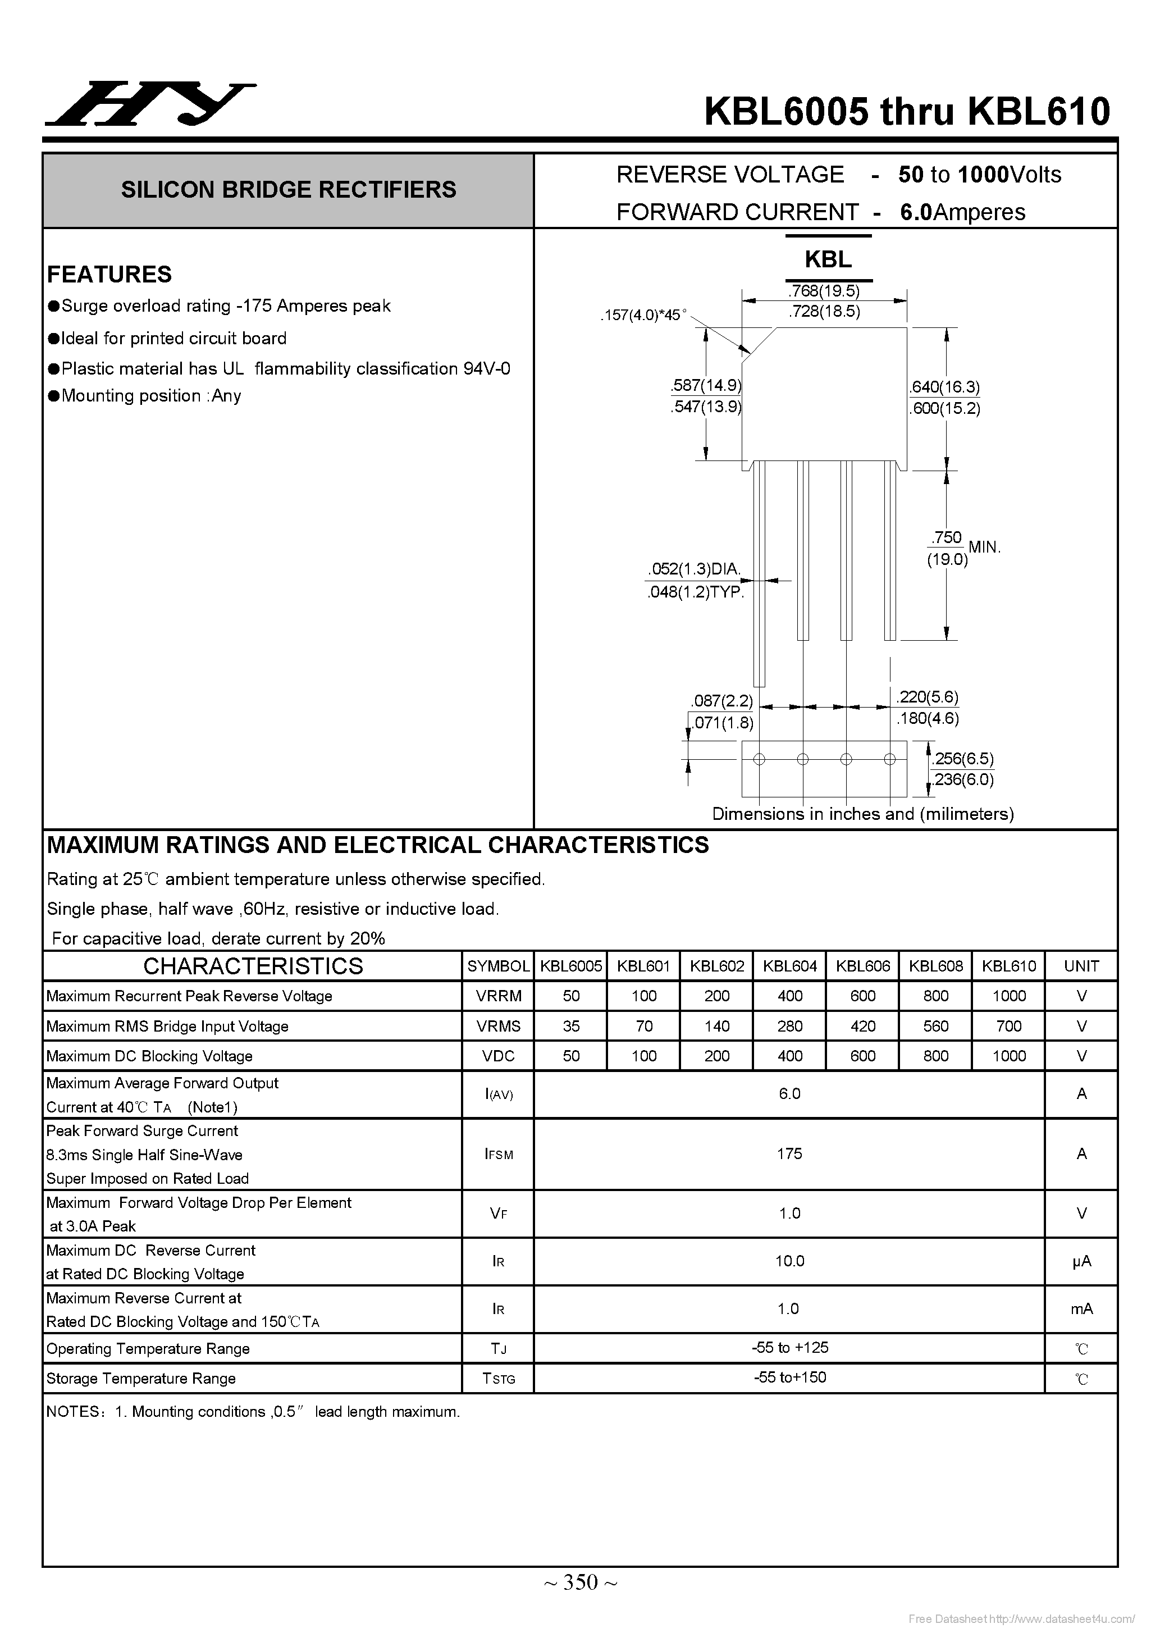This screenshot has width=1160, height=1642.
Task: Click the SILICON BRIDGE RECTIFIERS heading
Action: tap(288, 189)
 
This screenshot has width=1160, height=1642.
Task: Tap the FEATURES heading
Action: tap(109, 274)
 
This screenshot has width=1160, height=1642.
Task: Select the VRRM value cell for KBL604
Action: tap(789, 996)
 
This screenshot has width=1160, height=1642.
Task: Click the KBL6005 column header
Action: tap(570, 966)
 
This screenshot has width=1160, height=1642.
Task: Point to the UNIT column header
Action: tap(1081, 966)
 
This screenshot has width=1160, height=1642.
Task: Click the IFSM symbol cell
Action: tap(499, 1154)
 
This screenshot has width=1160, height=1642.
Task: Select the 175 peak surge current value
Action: tap(789, 1153)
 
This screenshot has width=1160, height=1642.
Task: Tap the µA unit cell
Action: tap(1081, 1261)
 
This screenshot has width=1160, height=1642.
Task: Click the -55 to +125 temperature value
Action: tap(789, 1347)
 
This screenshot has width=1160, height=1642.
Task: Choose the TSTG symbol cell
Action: tap(499, 1378)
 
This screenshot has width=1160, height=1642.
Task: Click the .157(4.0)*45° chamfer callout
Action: tap(643, 314)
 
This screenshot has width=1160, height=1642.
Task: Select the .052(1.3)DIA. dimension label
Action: tap(694, 569)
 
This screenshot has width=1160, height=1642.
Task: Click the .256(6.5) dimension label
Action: tap(962, 758)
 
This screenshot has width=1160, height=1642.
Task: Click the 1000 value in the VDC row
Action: tap(1008, 1056)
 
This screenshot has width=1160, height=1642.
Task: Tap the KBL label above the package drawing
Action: tap(828, 259)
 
